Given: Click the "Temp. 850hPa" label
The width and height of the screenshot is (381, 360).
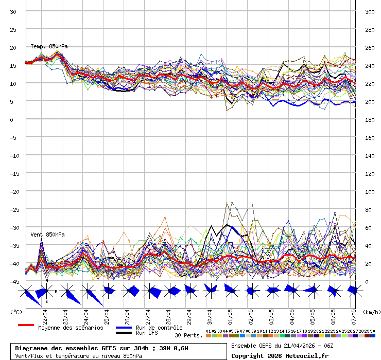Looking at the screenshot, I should [49, 46].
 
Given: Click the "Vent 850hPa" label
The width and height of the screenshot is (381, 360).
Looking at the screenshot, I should [47, 235].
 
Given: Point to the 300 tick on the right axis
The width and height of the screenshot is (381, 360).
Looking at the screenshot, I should [370, 12].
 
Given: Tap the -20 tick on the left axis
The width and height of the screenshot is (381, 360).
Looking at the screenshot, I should [15, 191].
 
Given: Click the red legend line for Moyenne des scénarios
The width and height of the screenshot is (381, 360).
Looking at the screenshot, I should [26, 325].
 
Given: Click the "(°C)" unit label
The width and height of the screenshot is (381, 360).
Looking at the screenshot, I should [16, 312].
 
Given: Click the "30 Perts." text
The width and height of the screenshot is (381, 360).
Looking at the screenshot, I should [188, 335].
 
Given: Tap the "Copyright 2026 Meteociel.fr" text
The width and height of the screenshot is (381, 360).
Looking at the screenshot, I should [280, 355].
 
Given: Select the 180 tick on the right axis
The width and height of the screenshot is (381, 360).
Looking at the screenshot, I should [370, 120].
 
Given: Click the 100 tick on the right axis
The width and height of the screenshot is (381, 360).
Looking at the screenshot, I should [370, 192].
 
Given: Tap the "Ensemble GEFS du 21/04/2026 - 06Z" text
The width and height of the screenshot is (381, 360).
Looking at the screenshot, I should [282, 346].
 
